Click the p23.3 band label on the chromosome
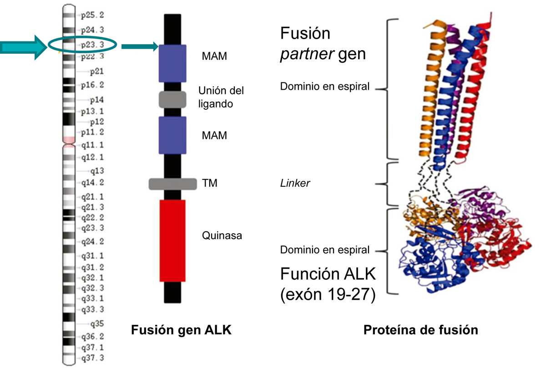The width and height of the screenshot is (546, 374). point(92,45)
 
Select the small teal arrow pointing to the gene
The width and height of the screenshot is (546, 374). point(139,46)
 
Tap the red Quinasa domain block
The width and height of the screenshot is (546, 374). point(172,240)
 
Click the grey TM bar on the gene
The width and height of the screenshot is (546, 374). point(172,184)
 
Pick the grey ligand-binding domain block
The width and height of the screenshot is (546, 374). point(172,99)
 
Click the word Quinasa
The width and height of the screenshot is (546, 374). point(222,236)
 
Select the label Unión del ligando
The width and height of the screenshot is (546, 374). point(221,97)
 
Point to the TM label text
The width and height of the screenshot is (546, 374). point(209,183)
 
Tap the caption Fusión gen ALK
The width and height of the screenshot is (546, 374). point(181,330)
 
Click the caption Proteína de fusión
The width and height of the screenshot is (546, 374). point(420,330)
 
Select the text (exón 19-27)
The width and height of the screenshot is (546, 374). point(328,294)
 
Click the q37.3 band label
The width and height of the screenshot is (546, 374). point(92,358)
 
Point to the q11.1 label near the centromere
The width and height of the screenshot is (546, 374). point(92,145)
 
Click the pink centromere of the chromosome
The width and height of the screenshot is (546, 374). point(68,139)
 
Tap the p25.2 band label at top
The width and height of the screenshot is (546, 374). point(92,15)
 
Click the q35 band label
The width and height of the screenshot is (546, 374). point(97,324)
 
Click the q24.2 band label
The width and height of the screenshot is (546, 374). point(92,241)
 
